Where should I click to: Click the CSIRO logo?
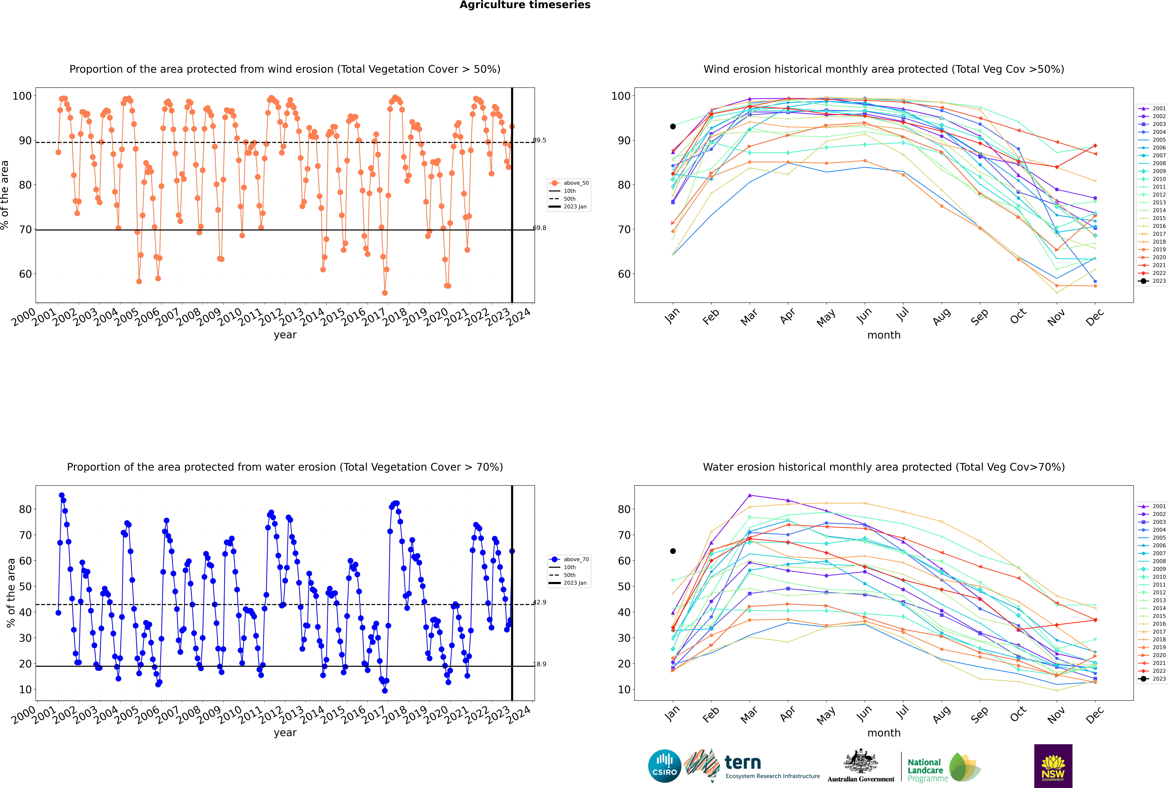pos(664,766)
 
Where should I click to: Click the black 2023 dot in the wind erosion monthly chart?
pos(673,127)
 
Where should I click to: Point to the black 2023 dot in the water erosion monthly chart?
pos(673,551)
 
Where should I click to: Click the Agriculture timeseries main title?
pos(525,5)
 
